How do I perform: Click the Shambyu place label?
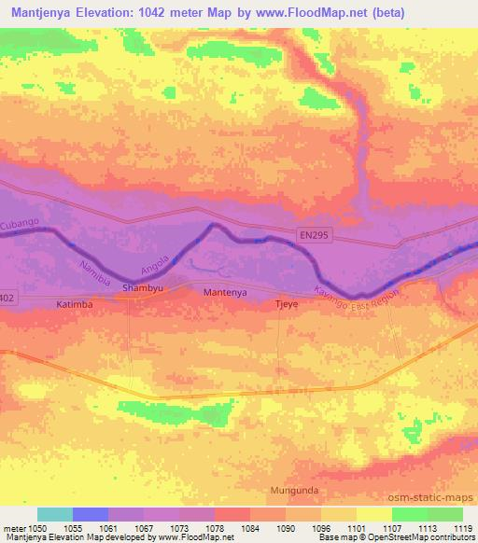[x=144, y=289]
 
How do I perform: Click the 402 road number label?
[x=7, y=298]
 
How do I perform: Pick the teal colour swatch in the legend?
[x=55, y=514]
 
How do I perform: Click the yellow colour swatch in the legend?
[x=373, y=514]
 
